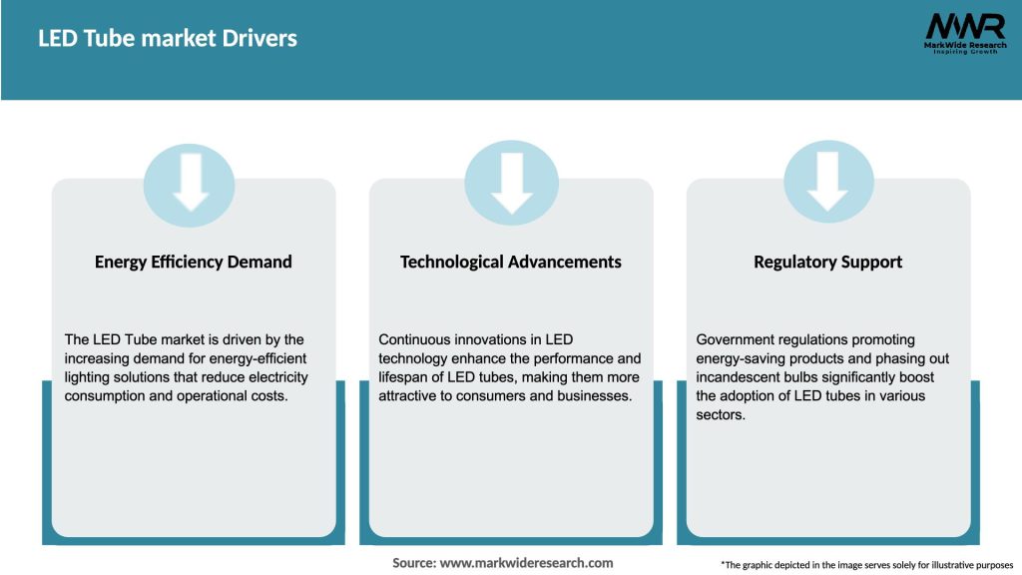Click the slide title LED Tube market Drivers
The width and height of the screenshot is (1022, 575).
(x=168, y=39)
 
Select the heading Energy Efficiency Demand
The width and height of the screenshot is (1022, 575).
(x=194, y=262)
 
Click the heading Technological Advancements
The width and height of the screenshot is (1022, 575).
(x=511, y=262)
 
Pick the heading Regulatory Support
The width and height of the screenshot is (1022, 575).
(x=827, y=262)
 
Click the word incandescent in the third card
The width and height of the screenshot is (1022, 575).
(x=742, y=377)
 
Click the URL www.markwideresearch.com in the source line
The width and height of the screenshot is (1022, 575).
(x=526, y=563)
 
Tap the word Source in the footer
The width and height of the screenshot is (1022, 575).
(x=413, y=563)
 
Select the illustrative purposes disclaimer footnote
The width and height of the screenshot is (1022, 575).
(x=866, y=565)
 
